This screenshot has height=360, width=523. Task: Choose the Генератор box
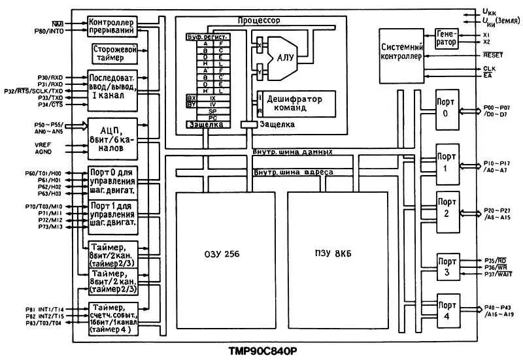446,38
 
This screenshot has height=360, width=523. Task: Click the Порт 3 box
447,267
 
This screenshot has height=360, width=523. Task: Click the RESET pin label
494,55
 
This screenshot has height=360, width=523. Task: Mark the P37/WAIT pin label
498,274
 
